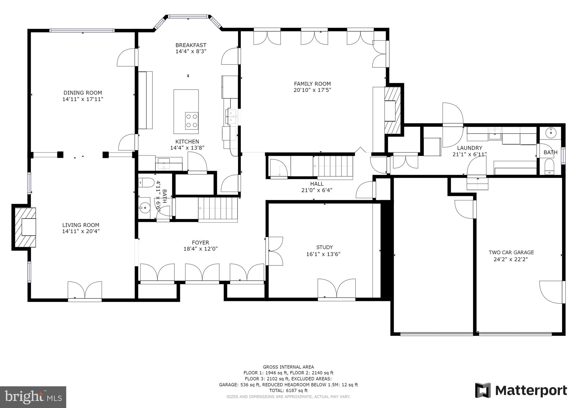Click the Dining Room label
[x=83, y=93]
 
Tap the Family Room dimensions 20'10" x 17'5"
[x=312, y=90]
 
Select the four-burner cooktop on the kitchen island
[x=192, y=121]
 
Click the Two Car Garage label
[x=511, y=252]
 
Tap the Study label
[x=324, y=247]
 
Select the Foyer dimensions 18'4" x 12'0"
[x=200, y=249]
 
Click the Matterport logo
[x=521, y=391]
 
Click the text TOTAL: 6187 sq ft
[x=288, y=391]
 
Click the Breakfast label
[x=191, y=45]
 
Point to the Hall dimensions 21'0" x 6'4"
[x=317, y=190]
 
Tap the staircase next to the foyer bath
[x=218, y=209]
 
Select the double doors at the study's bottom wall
[x=336, y=289]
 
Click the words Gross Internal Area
[x=288, y=367]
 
